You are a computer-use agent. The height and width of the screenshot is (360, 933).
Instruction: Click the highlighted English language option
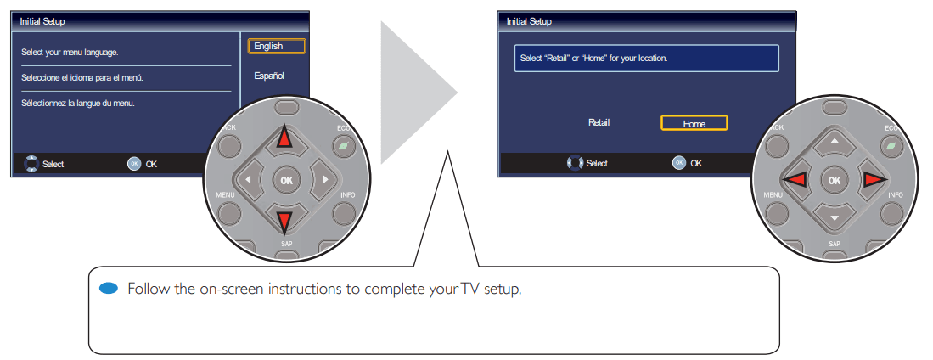tap(269, 47)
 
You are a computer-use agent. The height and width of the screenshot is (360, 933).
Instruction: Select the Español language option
tap(269, 76)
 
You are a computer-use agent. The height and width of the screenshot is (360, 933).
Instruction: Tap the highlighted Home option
tap(694, 123)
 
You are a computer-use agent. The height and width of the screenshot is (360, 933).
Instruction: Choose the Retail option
tap(599, 122)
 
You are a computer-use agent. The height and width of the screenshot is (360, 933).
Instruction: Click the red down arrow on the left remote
tap(284, 222)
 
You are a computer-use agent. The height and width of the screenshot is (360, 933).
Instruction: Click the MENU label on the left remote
tap(224, 195)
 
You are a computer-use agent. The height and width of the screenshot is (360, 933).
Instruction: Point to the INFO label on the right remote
tap(896, 195)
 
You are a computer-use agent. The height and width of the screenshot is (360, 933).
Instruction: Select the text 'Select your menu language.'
tap(70, 53)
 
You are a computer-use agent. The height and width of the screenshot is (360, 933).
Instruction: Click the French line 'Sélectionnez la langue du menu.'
tap(78, 104)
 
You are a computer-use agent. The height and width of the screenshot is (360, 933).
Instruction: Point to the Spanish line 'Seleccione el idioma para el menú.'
tap(81, 78)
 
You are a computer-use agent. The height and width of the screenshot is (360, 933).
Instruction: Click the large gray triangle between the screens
tap(412, 93)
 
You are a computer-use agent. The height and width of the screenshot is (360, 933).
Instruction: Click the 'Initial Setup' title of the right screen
tap(529, 21)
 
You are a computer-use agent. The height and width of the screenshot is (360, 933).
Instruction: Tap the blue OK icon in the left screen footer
tap(134, 164)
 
